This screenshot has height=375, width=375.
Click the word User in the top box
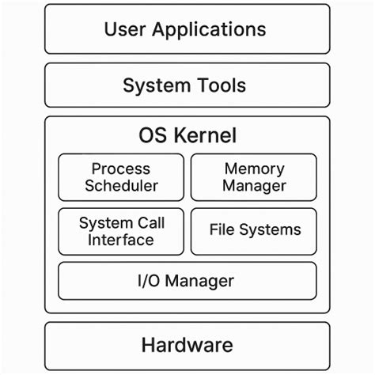[125, 30]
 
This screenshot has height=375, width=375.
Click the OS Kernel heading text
[187, 135]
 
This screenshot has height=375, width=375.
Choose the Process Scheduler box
[121, 177]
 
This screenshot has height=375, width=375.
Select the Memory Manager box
[253, 177]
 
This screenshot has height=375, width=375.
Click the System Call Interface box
[121, 231]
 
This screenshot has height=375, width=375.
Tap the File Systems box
[253, 231]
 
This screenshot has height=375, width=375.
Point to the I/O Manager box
[187, 281]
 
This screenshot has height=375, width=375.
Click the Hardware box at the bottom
[187, 346]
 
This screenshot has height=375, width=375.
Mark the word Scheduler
[122, 187]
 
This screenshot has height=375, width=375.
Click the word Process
[121, 169]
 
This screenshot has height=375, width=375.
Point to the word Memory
[254, 169]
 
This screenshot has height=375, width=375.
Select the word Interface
[121, 240]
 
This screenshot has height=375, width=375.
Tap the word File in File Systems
[222, 230]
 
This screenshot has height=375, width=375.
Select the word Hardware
[187, 346]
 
